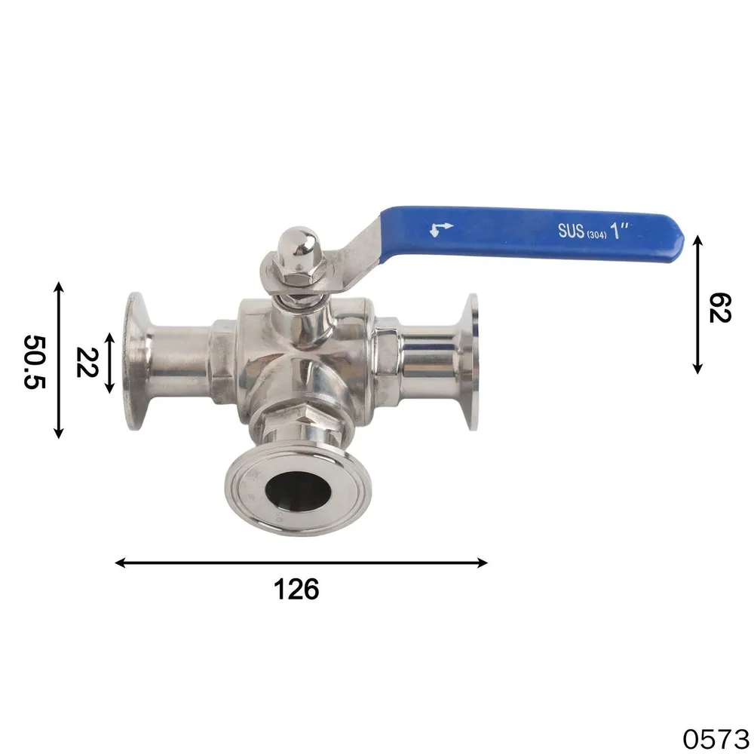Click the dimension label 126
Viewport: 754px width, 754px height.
pyautogui.click(x=296, y=589)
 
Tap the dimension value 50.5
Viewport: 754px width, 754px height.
pyautogui.click(x=35, y=362)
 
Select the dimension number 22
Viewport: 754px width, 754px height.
pyautogui.click(x=87, y=362)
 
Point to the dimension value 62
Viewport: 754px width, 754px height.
pyautogui.click(x=720, y=308)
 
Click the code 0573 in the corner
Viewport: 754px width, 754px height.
pyautogui.click(x=716, y=738)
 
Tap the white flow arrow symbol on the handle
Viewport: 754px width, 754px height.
pyautogui.click(x=441, y=229)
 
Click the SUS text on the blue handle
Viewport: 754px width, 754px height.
pyautogui.click(x=571, y=231)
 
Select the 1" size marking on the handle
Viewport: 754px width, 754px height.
pyautogui.click(x=619, y=230)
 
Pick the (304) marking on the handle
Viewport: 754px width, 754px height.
pyautogui.click(x=596, y=235)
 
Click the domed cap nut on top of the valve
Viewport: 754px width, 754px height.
pyautogui.click(x=298, y=247)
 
